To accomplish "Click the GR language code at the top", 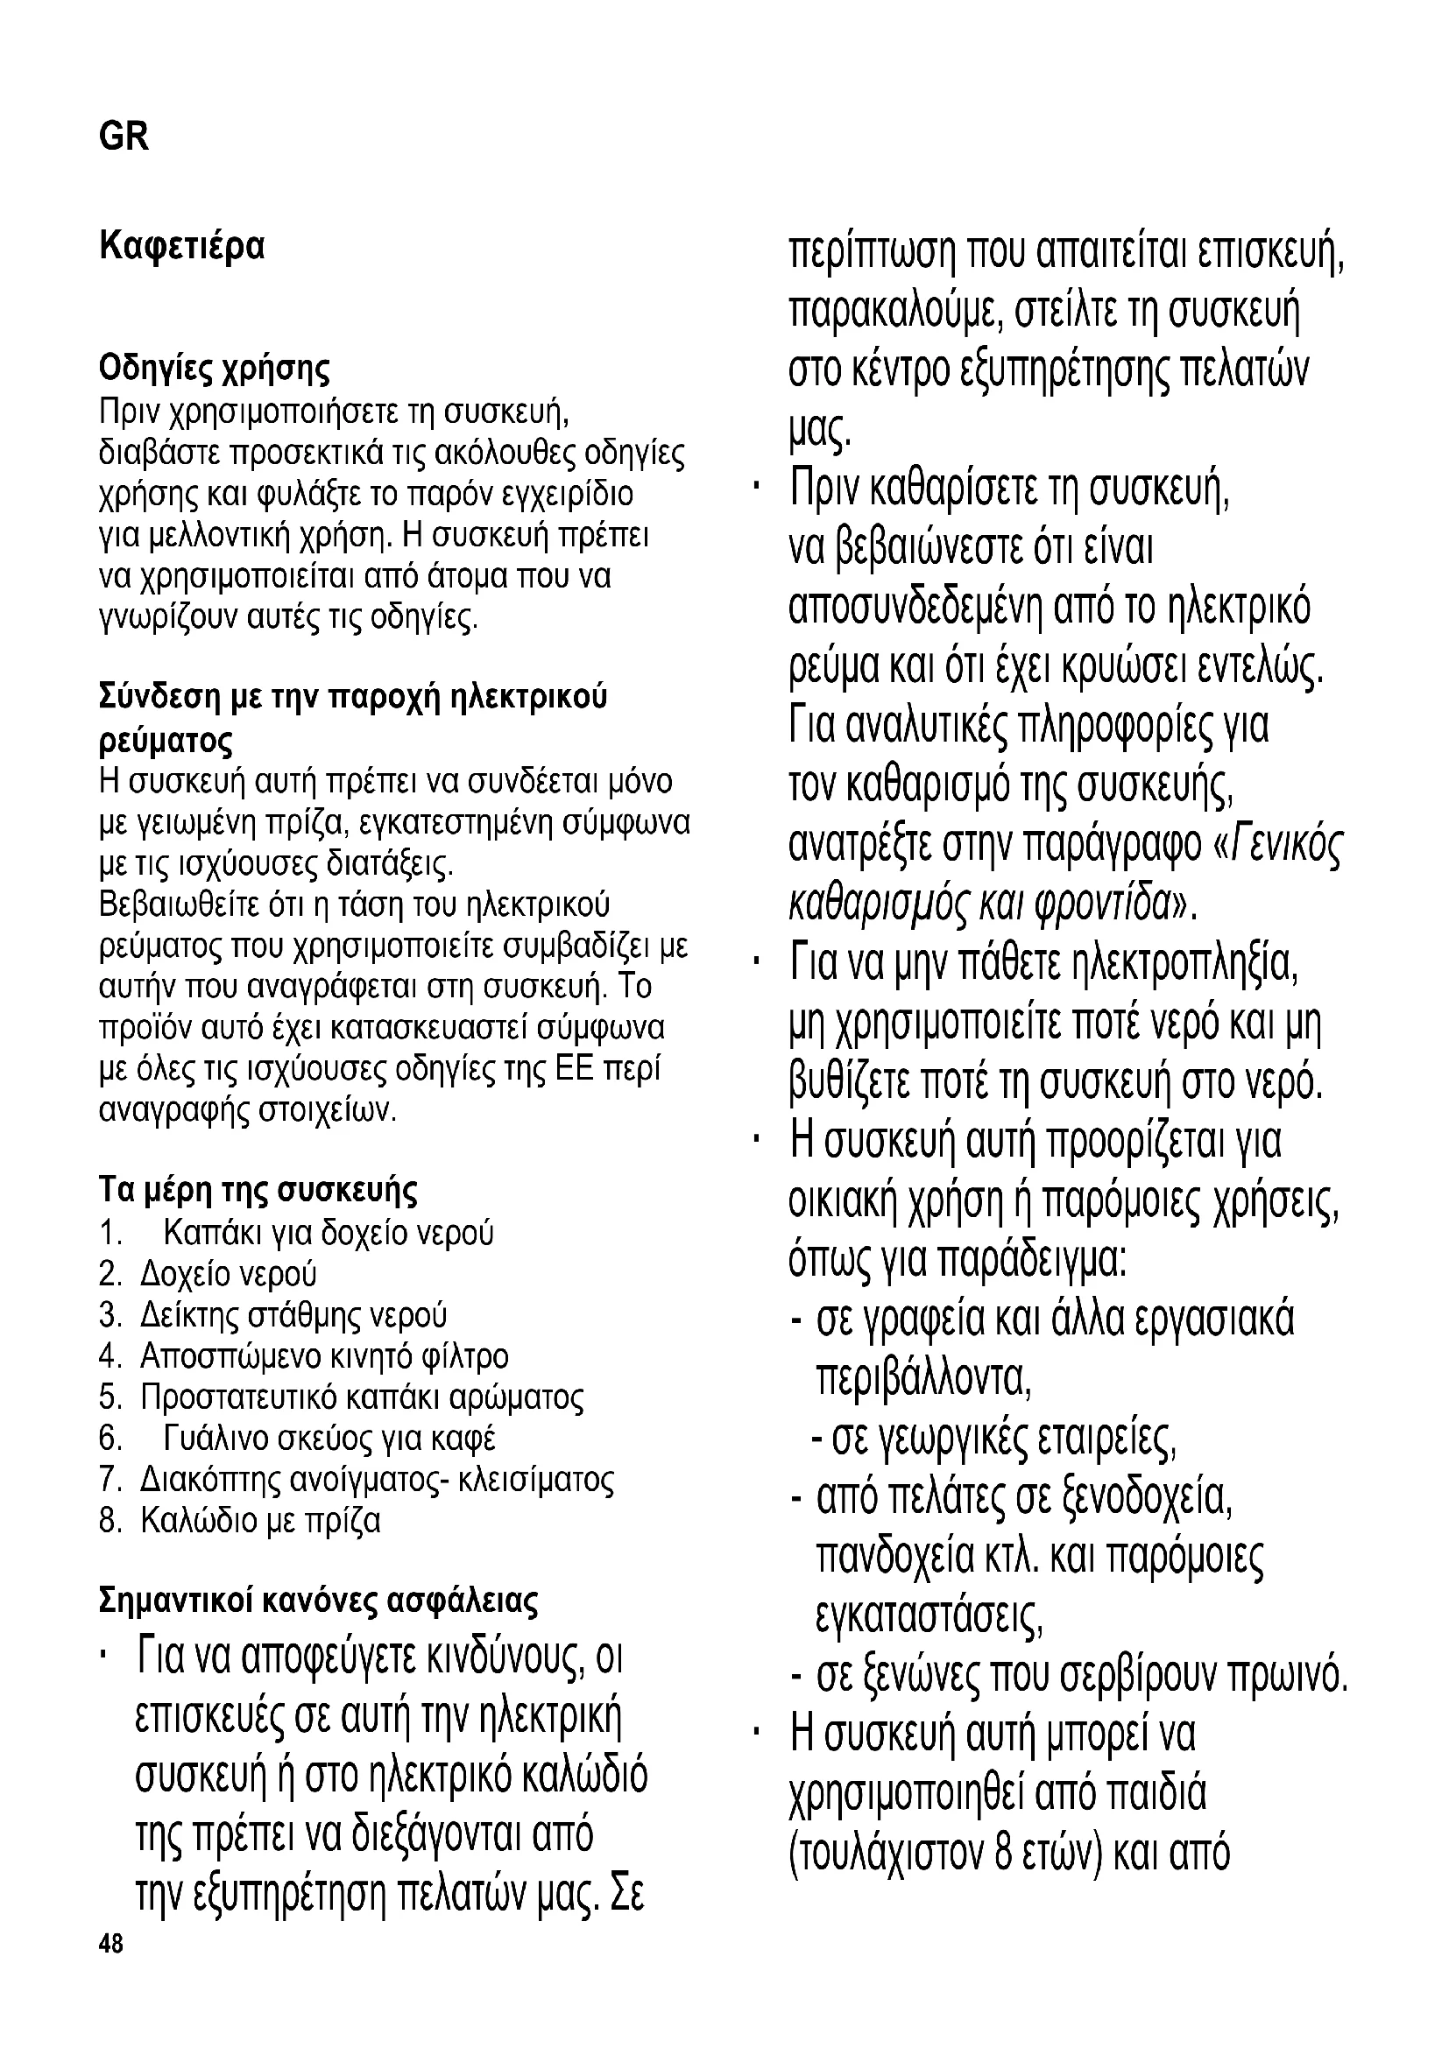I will click(x=124, y=137).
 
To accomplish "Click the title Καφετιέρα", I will click(x=182, y=245).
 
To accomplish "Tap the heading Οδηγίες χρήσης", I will click(x=214, y=368).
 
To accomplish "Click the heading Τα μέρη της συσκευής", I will click(x=258, y=1191).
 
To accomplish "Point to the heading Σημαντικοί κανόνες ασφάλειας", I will click(x=319, y=1601).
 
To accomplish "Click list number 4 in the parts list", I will click(x=109, y=1356).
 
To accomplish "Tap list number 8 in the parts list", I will click(x=109, y=1521).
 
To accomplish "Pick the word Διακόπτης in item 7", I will click(x=213, y=1481).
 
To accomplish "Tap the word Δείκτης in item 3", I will click(x=190, y=1316).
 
